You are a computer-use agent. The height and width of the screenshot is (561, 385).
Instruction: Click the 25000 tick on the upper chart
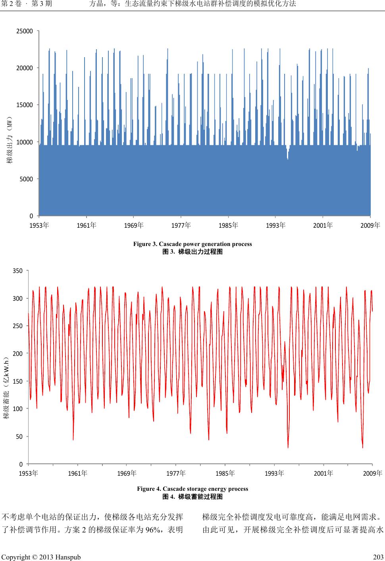pyautogui.click(x=25, y=31)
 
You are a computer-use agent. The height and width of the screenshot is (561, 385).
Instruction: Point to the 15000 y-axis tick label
pyautogui.click(x=25, y=105)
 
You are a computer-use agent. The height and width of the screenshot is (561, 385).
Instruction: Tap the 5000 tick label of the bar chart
pyautogui.click(x=26, y=179)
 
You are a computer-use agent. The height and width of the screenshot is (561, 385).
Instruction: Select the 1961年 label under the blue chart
pyautogui.click(x=87, y=225)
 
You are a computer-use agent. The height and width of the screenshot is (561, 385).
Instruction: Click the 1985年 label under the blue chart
pyautogui.click(x=228, y=225)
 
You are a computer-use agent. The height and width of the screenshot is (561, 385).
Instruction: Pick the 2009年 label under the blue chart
pyautogui.click(x=370, y=225)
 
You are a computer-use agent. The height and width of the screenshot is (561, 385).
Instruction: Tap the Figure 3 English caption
pyautogui.click(x=192, y=244)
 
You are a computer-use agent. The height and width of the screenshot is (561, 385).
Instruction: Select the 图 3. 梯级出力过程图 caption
pyautogui.click(x=192, y=252)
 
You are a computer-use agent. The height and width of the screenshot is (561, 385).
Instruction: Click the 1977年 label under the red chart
pyautogui.click(x=176, y=473)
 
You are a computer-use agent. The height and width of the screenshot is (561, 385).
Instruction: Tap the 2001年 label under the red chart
pyautogui.click(x=323, y=473)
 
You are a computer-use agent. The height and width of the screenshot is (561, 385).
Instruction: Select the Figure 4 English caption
pyautogui.click(x=192, y=489)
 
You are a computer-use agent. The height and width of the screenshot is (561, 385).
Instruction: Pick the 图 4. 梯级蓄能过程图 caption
pyautogui.click(x=192, y=497)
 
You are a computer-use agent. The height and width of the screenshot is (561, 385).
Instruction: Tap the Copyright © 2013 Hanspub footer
pyautogui.click(x=41, y=557)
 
